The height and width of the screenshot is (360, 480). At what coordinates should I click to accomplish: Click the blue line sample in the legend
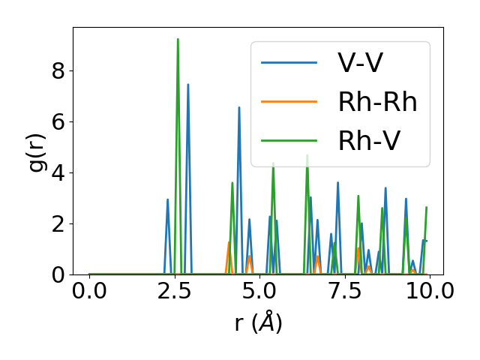289,63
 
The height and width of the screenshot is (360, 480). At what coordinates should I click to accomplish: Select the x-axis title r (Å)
258,323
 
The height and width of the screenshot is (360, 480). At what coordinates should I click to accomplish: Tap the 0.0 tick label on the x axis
89,292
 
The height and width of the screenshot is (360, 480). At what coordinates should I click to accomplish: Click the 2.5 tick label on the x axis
175,292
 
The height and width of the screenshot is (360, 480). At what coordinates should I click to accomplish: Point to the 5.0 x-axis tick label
259,292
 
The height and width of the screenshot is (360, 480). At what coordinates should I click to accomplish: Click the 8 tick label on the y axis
58,71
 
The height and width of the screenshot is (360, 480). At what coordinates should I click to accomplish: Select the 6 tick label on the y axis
58,122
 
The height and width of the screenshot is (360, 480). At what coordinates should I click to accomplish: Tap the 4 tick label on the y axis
58,173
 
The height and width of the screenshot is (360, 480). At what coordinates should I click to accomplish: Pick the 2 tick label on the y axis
58,224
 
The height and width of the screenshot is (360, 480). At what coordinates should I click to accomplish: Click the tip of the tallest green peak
178,39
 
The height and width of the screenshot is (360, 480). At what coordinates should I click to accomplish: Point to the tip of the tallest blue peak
188,84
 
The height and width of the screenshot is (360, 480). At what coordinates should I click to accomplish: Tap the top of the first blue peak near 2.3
168,199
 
